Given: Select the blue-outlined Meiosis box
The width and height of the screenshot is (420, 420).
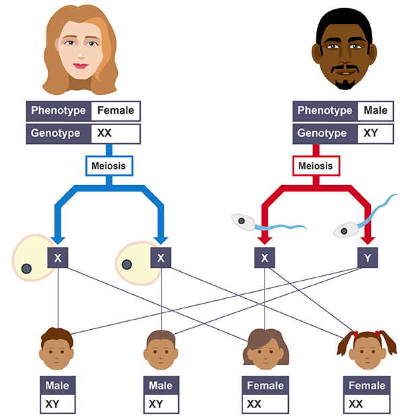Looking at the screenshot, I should (x=108, y=165).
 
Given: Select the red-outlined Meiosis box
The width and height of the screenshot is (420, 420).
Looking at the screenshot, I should (x=314, y=165).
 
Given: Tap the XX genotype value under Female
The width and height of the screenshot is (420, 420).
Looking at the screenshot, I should (x=104, y=133).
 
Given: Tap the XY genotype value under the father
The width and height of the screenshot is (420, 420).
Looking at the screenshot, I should (x=370, y=133).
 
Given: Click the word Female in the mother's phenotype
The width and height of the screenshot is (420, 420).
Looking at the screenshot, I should (x=116, y=110).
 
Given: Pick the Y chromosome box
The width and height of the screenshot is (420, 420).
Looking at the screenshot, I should (x=367, y=257).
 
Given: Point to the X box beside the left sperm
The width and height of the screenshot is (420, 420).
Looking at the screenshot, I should (x=265, y=257).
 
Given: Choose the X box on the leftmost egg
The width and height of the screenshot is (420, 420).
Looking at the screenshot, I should (x=58, y=257).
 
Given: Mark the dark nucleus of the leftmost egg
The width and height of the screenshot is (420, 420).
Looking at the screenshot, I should (x=26, y=269).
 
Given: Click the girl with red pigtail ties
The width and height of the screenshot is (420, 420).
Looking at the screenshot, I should (x=367, y=349).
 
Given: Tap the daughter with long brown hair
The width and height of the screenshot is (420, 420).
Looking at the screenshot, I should (x=264, y=347).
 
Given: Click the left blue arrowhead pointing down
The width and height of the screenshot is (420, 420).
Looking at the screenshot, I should (x=58, y=239).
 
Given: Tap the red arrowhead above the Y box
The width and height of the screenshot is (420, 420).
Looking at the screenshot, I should (x=367, y=240).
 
